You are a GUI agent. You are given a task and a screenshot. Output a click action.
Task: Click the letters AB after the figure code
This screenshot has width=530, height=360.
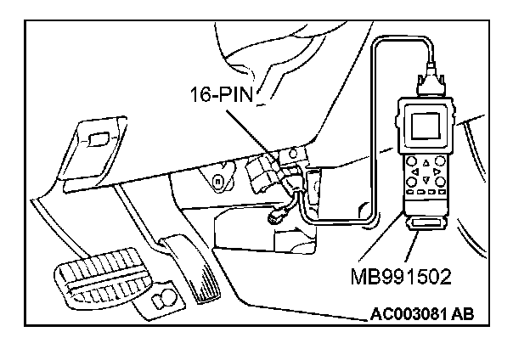462,314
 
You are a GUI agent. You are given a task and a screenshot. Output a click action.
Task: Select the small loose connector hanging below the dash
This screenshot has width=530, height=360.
277,217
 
